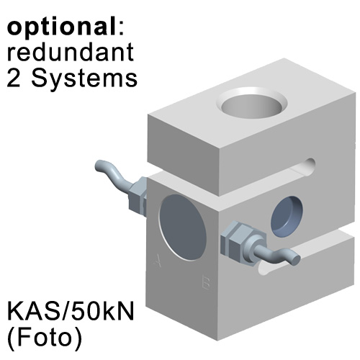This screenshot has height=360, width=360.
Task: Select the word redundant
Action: [x=71, y=52]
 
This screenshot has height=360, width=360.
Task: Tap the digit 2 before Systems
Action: [x=14, y=78]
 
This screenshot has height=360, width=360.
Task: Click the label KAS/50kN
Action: [x=71, y=311]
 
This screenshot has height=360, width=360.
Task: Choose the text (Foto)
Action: [x=45, y=338]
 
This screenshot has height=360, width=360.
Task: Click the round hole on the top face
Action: [x=251, y=104]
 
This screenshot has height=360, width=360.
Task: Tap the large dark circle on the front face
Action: [x=183, y=228]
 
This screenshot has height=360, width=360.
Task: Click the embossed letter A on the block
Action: [x=158, y=261]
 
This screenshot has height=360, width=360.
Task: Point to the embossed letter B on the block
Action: [x=206, y=283]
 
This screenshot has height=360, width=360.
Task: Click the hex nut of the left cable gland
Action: [x=138, y=195]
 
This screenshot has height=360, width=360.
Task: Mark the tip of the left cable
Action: [x=99, y=166]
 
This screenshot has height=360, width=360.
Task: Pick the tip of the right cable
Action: [x=297, y=259]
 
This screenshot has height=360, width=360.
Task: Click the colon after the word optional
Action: [x=121, y=29]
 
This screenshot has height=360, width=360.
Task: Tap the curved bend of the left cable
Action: [x=114, y=175]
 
